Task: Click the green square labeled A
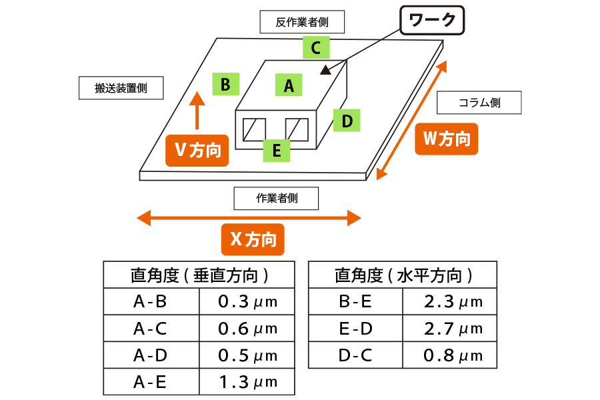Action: pyautogui.click(x=289, y=85)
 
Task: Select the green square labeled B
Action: pyautogui.click(x=225, y=85)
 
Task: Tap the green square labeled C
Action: pyautogui.click(x=316, y=47)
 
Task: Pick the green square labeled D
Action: pyautogui.click(x=347, y=121)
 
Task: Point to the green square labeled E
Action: pyautogui.click(x=276, y=150)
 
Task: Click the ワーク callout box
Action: pyautogui.click(x=431, y=21)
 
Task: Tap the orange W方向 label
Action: pyautogui.click(x=446, y=139)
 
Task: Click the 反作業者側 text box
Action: pyautogui.click(x=303, y=22)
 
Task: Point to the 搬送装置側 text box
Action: pyautogui.click(x=121, y=88)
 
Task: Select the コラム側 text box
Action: pyautogui.click(x=479, y=103)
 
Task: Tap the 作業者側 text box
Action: pyautogui.click(x=276, y=198)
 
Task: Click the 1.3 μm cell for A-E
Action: pyautogui.click(x=247, y=382)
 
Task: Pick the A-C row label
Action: pyautogui.click(x=151, y=328)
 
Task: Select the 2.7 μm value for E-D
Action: pyautogui.click(x=453, y=328)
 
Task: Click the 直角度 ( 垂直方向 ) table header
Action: pyautogui.click(x=199, y=275)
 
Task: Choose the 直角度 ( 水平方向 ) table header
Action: pyautogui.click(x=403, y=275)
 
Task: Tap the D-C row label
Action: pyautogui.click(x=355, y=355)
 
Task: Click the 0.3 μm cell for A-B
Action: pyautogui.click(x=247, y=301)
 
